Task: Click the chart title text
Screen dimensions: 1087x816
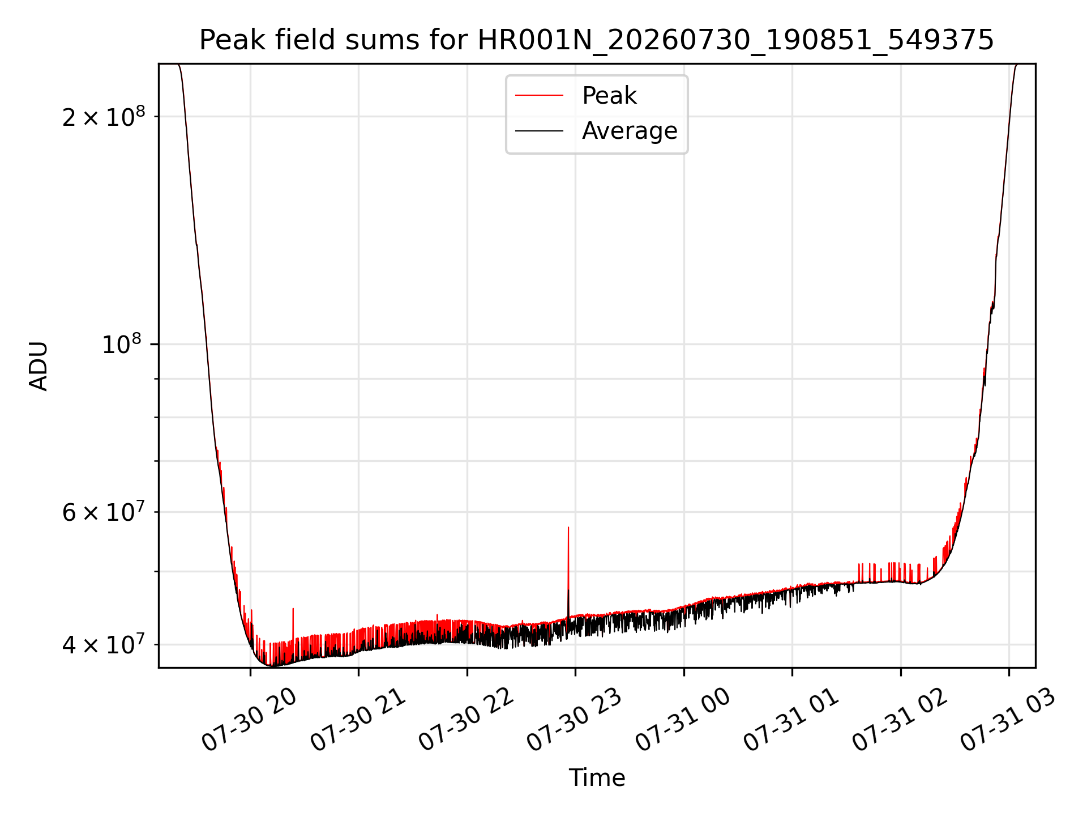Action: click(597, 40)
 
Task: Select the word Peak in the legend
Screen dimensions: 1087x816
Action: click(609, 96)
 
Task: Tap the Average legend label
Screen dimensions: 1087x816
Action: click(630, 131)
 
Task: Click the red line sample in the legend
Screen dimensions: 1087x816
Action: click(539, 96)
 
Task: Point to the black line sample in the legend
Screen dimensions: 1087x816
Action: click(539, 131)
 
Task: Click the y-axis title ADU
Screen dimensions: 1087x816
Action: click(38, 366)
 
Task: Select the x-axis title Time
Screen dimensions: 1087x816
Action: click(597, 778)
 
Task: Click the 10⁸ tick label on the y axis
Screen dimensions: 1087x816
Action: click(123, 343)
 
